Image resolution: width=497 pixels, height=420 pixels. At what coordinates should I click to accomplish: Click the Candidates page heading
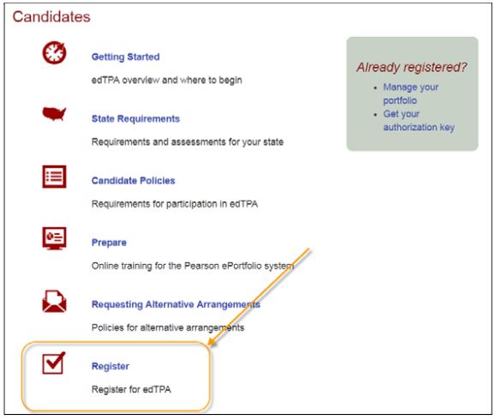51,17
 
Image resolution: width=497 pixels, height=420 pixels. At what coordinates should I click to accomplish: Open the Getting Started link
125,57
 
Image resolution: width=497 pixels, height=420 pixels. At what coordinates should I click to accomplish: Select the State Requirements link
135,119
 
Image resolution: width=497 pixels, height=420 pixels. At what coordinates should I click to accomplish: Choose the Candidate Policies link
134,181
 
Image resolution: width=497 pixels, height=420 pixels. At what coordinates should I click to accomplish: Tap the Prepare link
109,243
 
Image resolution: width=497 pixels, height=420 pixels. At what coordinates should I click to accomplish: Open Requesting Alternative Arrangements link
176,304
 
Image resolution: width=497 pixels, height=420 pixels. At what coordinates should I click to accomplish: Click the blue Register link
111,367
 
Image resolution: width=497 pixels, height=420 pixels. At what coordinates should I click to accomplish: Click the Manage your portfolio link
410,93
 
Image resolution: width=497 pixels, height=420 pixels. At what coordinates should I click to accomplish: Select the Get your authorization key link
419,121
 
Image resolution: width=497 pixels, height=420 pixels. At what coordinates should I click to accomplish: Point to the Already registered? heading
411,67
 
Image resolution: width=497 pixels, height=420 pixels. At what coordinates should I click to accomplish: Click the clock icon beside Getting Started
55,52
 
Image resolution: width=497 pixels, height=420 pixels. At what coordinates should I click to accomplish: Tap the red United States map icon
54,114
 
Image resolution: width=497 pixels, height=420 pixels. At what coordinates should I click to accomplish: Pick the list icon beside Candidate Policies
54,177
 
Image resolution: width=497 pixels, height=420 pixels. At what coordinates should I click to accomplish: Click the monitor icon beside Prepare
54,238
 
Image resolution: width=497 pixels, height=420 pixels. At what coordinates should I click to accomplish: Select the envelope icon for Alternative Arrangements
54,301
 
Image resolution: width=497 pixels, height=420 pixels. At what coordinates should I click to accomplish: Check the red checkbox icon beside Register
54,363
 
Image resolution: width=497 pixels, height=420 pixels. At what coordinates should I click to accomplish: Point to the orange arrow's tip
208,345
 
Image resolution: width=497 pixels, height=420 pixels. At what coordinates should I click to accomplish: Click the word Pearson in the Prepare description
201,266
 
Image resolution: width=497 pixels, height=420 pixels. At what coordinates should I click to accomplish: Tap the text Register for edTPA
131,389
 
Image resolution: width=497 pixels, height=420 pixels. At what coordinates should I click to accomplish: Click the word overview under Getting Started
141,81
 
